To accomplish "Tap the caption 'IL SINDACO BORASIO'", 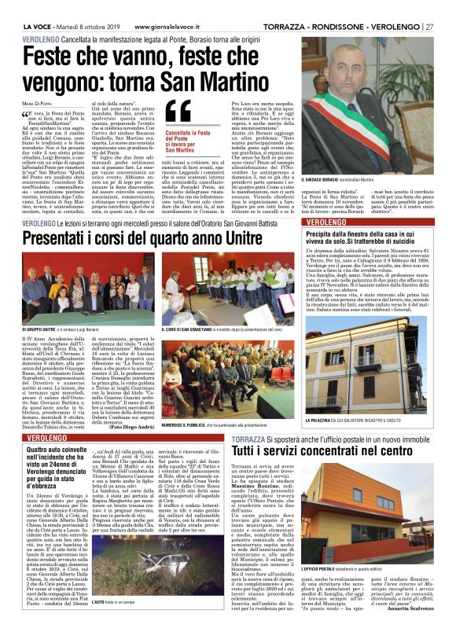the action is coord(325,182).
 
